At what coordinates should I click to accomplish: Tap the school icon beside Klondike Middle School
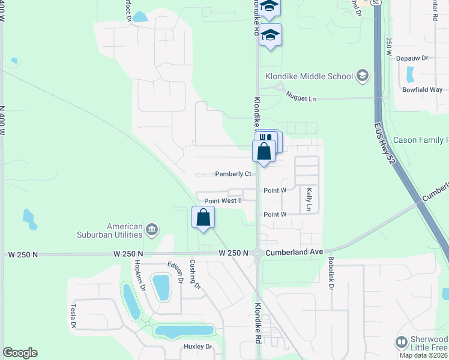[x=362, y=76]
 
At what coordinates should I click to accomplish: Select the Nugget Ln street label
[x=301, y=96]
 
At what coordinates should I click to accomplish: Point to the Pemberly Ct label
[x=233, y=174]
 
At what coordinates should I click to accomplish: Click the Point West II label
[x=223, y=201]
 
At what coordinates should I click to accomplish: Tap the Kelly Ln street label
[x=309, y=199]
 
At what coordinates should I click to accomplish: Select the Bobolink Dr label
[x=330, y=273]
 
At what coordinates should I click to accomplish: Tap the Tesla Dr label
[x=75, y=316]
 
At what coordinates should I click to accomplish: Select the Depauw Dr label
[x=415, y=58]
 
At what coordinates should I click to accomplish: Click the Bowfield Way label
[x=423, y=89]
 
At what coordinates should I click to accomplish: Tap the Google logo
[x=19, y=353]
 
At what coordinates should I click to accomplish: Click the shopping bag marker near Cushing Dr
[x=203, y=218]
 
